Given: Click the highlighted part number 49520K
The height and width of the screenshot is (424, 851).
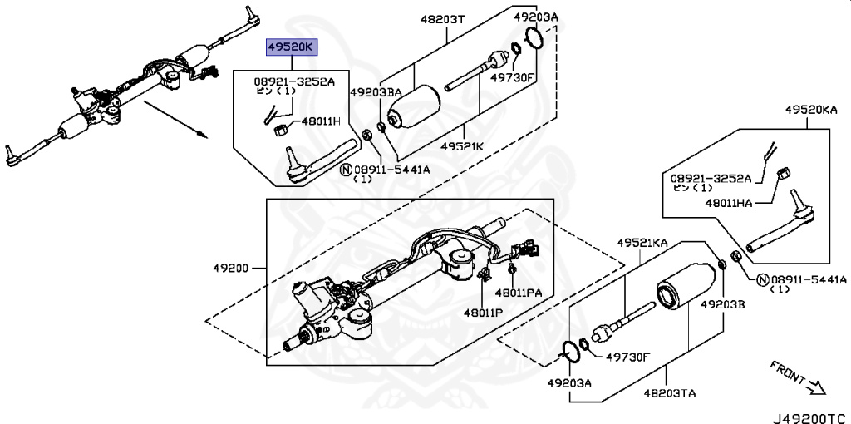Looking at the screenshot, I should pos(291,47).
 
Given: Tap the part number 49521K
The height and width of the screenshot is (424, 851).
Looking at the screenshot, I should pos(462,146).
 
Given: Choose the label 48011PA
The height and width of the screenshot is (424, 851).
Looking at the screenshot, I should pos(518,293).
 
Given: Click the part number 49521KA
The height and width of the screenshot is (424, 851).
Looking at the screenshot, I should pos(642,243).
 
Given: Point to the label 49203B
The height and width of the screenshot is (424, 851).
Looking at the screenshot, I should pos(722,305).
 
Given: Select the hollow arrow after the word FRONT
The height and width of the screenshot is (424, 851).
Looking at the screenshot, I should pos(815,387).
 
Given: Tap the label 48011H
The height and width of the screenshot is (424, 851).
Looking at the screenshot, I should pos(319,121).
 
